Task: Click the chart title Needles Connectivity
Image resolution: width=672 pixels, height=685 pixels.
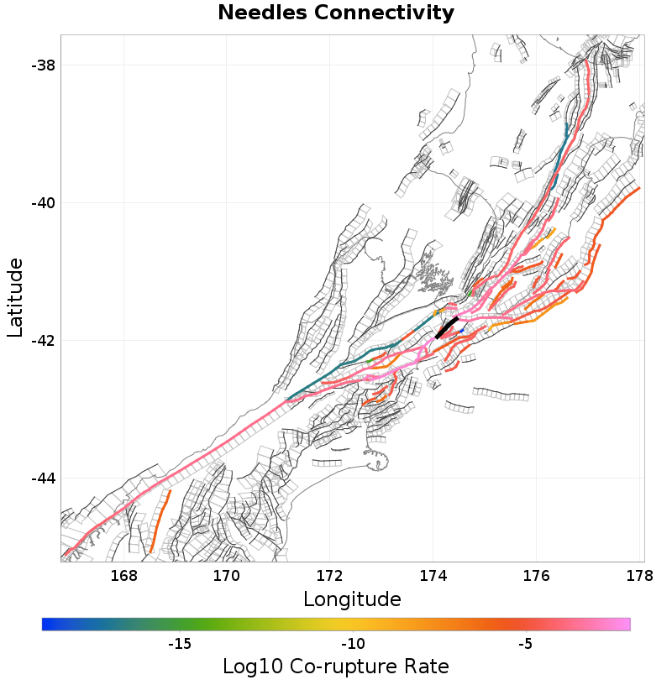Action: pos(336,13)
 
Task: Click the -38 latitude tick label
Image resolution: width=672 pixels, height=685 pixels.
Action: pos(42,65)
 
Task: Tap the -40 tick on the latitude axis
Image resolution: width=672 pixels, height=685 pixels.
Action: pos(42,203)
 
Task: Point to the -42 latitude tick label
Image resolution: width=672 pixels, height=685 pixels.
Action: pos(42,341)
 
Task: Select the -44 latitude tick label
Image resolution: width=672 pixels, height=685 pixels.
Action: pos(42,478)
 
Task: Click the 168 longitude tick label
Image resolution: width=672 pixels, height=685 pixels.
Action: pos(123,577)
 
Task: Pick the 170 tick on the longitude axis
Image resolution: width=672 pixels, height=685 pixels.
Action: pos(227,577)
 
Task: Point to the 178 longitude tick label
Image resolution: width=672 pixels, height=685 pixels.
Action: pos(639,577)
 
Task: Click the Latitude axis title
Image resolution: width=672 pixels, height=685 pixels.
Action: pos(16,298)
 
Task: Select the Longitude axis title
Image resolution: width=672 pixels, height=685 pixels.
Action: pos(352,599)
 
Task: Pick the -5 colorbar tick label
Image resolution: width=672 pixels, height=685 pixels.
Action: pos(525,645)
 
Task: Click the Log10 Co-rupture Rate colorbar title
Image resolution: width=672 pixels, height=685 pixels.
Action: pos(336,667)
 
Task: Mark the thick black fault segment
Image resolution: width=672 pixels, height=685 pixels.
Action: pos(446,327)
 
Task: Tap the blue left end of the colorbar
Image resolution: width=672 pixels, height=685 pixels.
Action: pos(47,624)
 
